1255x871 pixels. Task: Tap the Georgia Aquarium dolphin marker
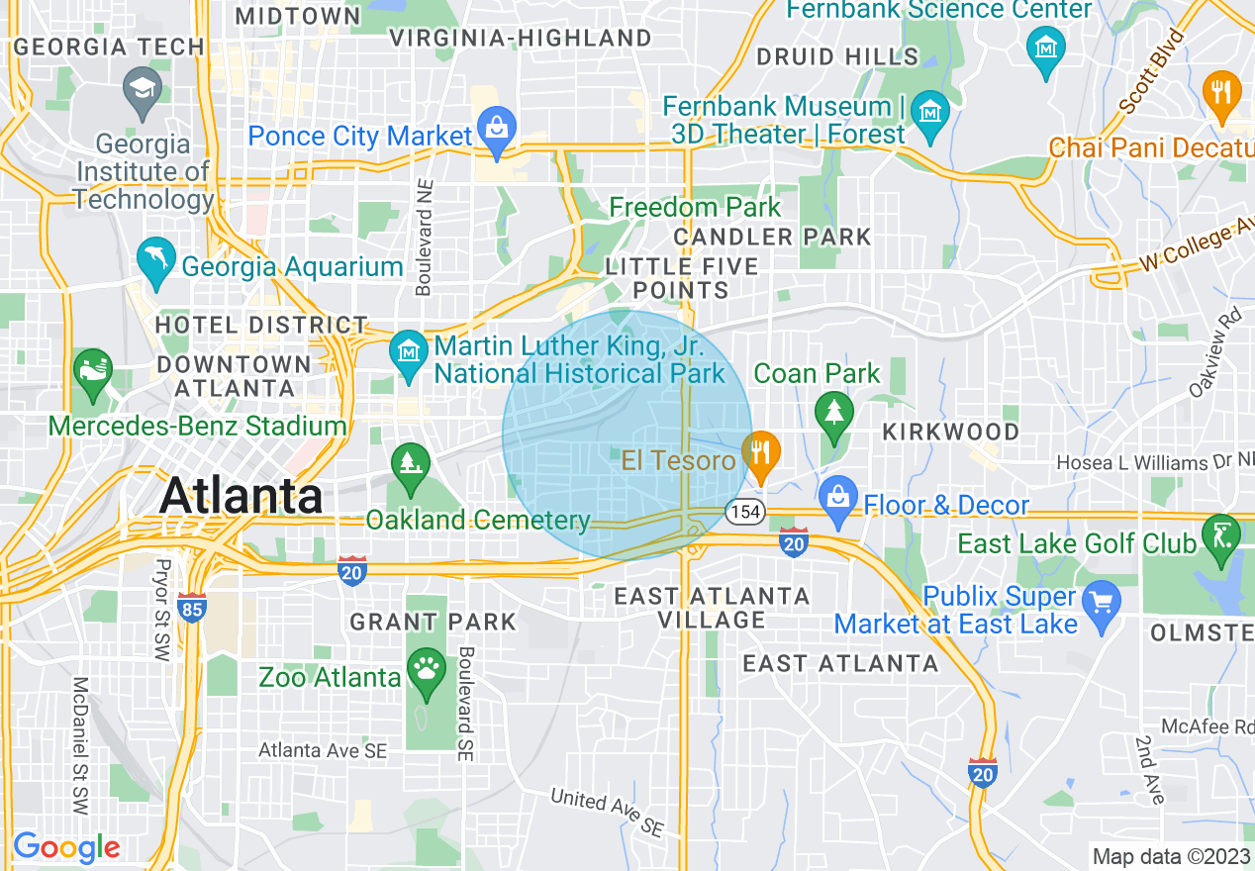tap(155, 259)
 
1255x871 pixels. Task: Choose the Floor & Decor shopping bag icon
tap(837, 498)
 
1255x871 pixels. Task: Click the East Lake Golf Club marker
tap(1219, 535)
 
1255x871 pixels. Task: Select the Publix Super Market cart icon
tap(1101, 600)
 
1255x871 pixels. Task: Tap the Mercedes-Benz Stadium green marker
tap(93, 372)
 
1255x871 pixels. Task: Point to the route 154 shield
tap(743, 512)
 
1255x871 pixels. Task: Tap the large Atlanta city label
tap(241, 495)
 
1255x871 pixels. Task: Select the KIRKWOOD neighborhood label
tap(950, 432)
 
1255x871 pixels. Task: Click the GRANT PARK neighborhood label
tap(433, 622)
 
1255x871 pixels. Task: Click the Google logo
tap(66, 847)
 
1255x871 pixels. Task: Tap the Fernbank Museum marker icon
tap(930, 110)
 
